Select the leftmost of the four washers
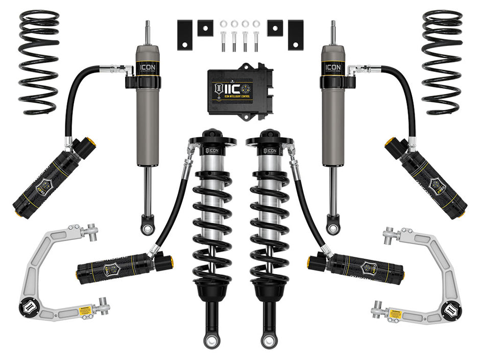[x=223, y=23]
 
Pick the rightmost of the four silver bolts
[x=256, y=40]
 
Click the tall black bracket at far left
[x=184, y=35]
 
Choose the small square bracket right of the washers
[x=275, y=28]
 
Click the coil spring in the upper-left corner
[x=39, y=61]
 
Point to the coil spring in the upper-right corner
[x=442, y=61]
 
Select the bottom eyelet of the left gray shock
[x=148, y=227]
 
